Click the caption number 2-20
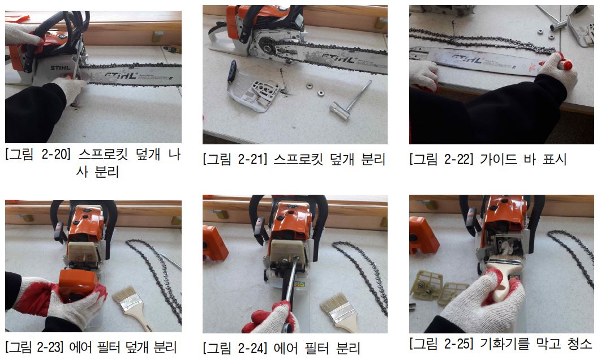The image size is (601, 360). coord(53,155)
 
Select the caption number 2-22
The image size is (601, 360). coord(457,159)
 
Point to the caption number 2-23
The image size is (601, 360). coord(49,348)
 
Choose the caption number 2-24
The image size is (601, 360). coord(251,348)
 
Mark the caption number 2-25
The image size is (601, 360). coord(457,344)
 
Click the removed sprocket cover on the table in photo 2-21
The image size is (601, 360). coord(250,87)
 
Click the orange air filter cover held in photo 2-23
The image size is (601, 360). coord(78,285)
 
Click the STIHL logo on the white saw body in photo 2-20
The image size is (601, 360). coord(61,68)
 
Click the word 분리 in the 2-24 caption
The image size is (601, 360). coord(349,348)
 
